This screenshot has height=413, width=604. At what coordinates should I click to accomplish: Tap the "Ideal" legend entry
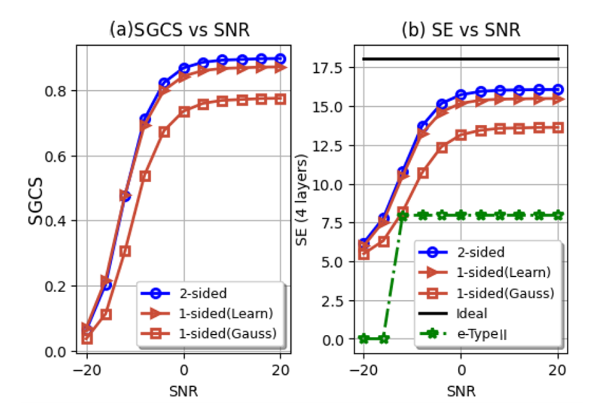coord(471,313)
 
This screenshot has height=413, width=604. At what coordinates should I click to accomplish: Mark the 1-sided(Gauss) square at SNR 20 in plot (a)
coord(280,98)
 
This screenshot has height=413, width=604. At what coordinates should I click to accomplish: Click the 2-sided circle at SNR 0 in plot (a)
coord(184,68)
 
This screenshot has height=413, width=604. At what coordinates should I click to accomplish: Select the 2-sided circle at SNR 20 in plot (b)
coord(558,89)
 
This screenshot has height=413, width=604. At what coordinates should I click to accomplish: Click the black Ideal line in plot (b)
coord(461,59)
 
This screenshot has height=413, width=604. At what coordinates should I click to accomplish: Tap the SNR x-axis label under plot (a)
coord(183,391)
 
